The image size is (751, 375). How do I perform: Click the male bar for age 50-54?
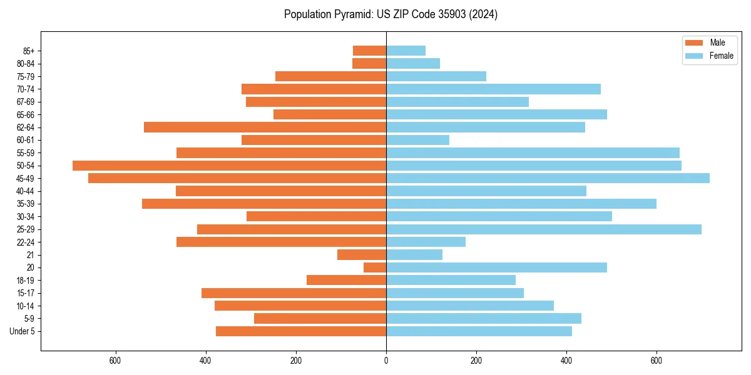pos(229,166)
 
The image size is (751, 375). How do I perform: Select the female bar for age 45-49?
pos(548,178)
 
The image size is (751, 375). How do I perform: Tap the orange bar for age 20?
pos(375,267)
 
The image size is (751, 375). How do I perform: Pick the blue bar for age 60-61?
pos(417,140)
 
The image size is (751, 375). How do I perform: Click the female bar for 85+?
pos(406,51)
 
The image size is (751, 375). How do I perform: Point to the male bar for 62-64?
pos(265,127)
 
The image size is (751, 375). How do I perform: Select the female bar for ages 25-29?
pos(543,229)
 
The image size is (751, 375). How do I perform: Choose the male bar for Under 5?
pos(301,331)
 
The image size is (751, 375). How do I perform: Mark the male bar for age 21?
pos(362,255)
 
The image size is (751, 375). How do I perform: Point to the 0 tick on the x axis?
pos(386,361)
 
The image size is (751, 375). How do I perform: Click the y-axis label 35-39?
pos(24,204)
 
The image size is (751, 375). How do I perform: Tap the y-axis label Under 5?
pos(22,331)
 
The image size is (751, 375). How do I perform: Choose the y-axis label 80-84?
pos(24,64)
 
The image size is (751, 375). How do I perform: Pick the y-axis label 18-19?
pos(24,281)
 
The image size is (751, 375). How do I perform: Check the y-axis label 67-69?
pos(24,102)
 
